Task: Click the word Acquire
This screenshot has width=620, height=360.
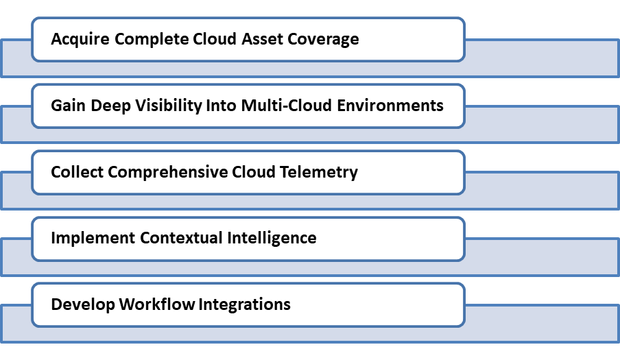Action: click(80, 40)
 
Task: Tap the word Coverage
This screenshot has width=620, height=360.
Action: click(323, 40)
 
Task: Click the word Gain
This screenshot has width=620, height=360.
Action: click(68, 106)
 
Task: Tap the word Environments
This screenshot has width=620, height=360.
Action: click(390, 106)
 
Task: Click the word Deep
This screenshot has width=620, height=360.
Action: click(110, 106)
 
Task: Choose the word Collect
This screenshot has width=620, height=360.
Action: click(77, 172)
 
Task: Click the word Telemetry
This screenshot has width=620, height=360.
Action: click(319, 173)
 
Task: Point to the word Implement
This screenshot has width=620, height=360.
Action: click(93, 239)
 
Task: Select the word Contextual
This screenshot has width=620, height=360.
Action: click(181, 238)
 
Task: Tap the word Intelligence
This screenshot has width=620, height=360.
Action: click(272, 239)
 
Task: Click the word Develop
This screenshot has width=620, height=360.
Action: click(83, 304)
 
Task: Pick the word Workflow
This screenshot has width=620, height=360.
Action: click(157, 304)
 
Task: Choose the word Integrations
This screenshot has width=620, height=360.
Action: click(244, 305)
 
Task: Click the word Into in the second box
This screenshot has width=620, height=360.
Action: click(221, 106)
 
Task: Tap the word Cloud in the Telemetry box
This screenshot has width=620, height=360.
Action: click(254, 172)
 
